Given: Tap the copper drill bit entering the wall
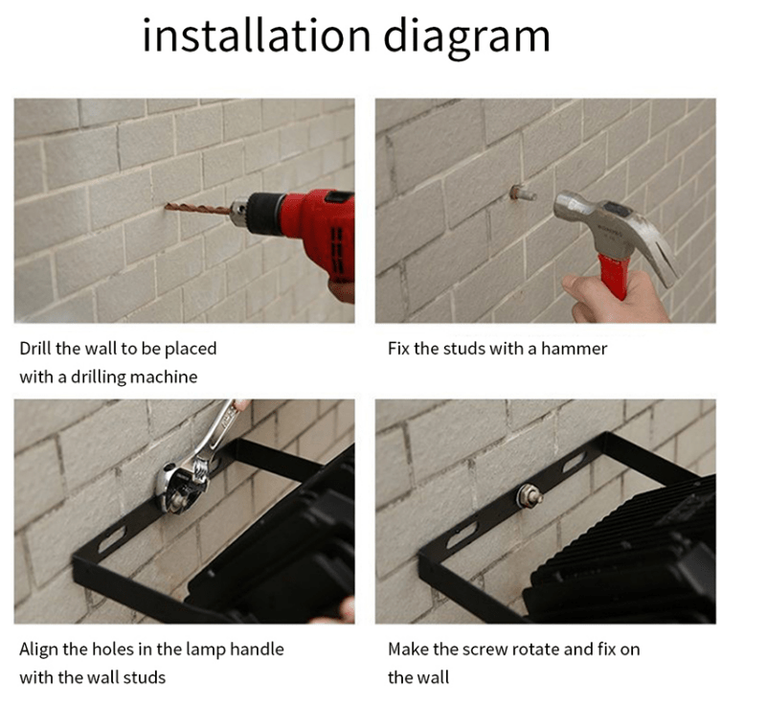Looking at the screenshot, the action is (197, 209).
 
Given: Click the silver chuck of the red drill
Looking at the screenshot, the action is (238, 212).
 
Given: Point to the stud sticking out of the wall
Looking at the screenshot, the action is (522, 193).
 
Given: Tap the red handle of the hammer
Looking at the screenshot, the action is (615, 276).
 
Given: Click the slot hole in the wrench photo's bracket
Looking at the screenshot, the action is (112, 538).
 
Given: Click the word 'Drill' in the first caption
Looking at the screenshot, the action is (35, 349).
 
